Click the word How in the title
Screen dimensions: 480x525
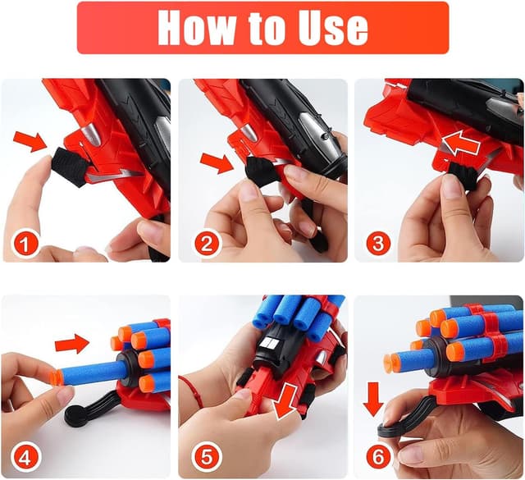click(x=196, y=27)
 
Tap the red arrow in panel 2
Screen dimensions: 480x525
click(x=216, y=162)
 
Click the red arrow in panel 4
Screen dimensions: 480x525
click(x=73, y=341)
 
